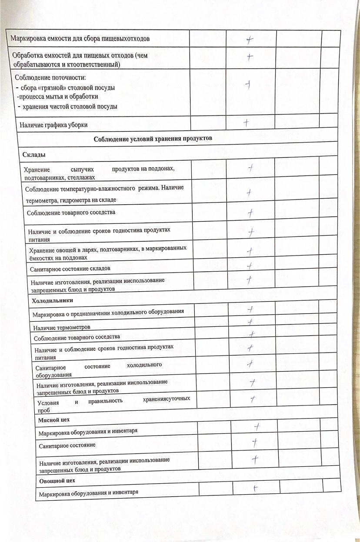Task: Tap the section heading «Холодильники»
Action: click(x=53, y=300)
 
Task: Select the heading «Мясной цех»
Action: click(x=53, y=420)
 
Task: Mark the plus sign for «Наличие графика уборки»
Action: click(x=246, y=123)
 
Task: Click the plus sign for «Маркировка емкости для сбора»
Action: click(x=249, y=40)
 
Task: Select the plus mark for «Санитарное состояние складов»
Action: click(x=250, y=266)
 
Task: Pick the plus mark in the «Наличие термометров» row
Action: click(x=250, y=322)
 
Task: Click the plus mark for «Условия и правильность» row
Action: click(x=252, y=399)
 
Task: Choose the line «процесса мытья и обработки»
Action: click(x=57, y=96)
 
